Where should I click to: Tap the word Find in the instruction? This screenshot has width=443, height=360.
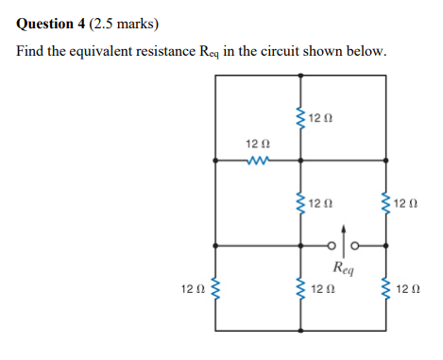pyautogui.click(x=31, y=50)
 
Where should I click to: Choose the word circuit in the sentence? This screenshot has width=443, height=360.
pyautogui.click(x=294, y=50)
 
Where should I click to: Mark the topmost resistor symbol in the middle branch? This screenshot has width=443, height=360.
pyautogui.click(x=301, y=120)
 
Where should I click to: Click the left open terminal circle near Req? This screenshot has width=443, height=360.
pyautogui.click(x=333, y=248)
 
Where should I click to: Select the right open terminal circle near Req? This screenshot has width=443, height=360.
pyautogui.click(x=356, y=248)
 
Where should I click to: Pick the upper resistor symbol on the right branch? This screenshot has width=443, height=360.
pyautogui.click(x=385, y=203)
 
